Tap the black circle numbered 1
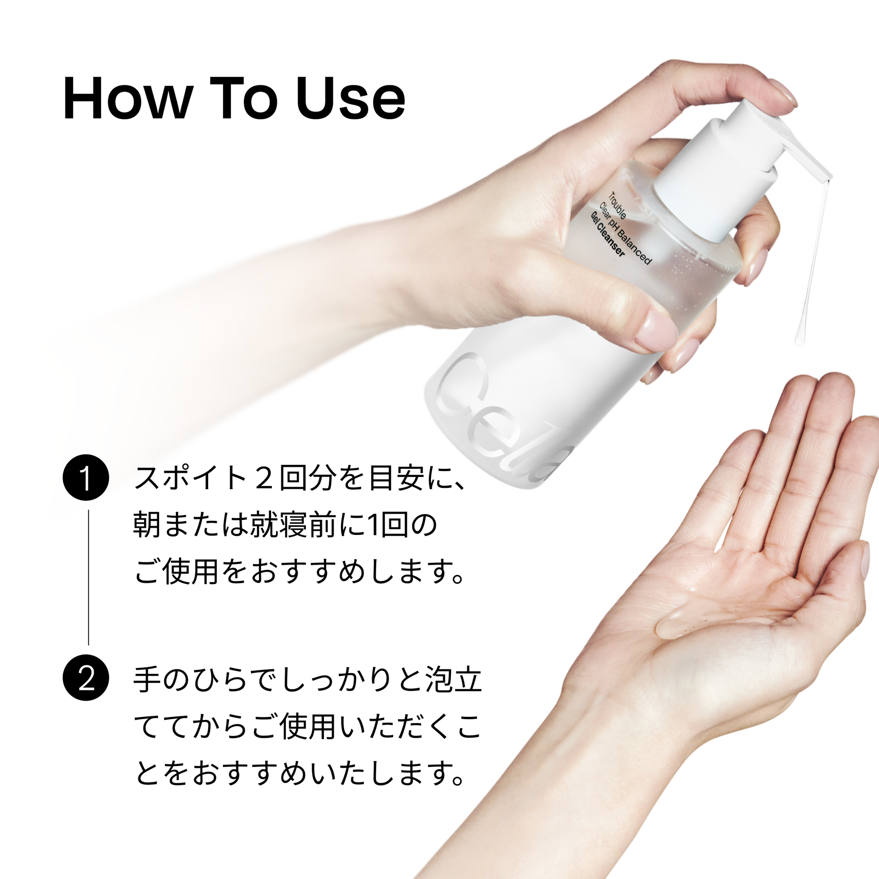[x=85, y=477]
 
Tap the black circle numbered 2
[x=85, y=678]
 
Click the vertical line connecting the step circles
[x=88, y=577]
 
